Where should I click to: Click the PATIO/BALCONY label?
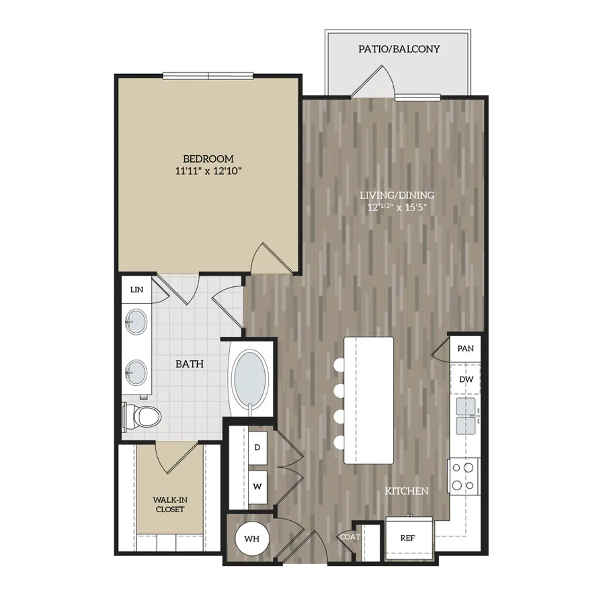pos(399,49)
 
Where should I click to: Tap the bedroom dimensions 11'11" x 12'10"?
pos(208,171)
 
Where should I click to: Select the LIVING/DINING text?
pos(397,195)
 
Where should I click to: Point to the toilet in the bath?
pos(142,416)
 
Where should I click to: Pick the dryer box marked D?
pos(258,447)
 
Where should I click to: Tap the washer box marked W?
pos(258,487)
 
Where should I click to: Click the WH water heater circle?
pos(252,539)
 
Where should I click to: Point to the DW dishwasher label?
pos(466,380)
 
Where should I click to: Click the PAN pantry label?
pos(466,348)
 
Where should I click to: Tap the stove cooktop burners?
pos(464,476)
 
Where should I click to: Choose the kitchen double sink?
pos(466,416)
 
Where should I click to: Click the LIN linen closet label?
pos(137,289)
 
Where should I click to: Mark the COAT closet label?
pos(350,537)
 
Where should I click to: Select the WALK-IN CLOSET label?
pos(170,505)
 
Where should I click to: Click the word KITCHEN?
pos(406,491)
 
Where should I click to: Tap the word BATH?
pos(190,364)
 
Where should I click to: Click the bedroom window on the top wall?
pos(208,76)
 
